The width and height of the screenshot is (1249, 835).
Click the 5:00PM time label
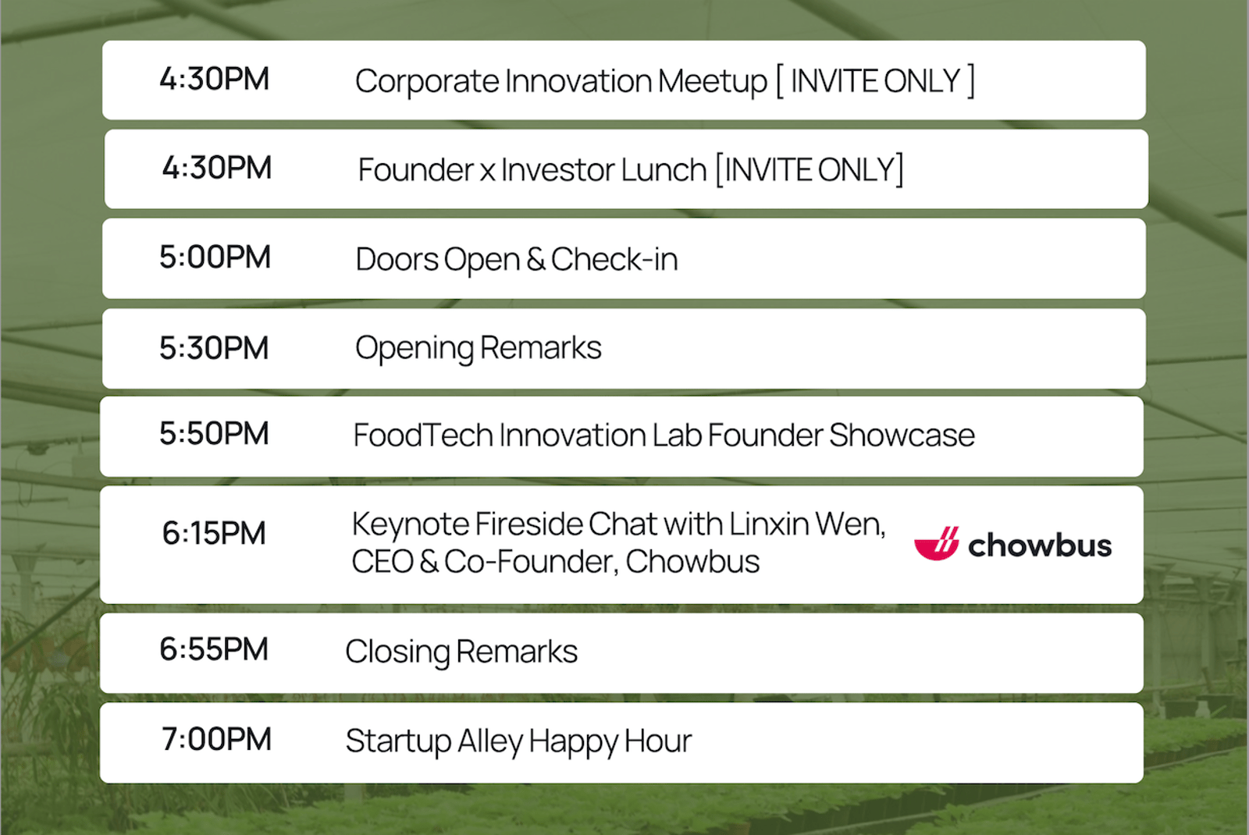coord(215,257)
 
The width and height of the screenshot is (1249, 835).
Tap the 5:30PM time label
coord(214,348)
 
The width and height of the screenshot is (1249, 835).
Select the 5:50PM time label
coord(214,433)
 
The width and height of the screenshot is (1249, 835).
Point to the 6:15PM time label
coord(214,533)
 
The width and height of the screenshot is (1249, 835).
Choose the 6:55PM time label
coord(214,649)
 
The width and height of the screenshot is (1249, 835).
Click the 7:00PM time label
coord(216,739)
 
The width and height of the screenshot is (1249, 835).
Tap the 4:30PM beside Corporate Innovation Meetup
coord(214,79)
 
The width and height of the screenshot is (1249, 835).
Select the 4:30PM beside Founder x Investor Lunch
coord(217,168)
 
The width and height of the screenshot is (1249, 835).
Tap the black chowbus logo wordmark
coord(1040,545)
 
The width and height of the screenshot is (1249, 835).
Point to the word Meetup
coord(713,82)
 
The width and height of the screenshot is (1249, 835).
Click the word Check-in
coord(614,259)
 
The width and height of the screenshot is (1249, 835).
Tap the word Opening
coord(415,349)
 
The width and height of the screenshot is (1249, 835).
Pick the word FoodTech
coord(423,435)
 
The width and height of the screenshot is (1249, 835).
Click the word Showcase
coord(902,435)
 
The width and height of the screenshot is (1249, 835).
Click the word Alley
coord(490,742)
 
